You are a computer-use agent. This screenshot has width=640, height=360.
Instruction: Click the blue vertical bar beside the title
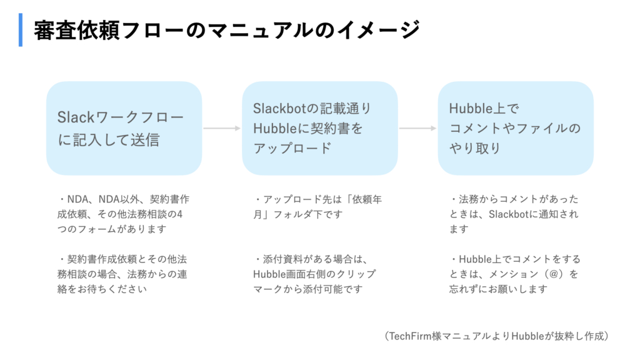pos(21,30)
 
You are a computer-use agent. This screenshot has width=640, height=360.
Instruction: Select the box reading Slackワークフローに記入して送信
pos(124,128)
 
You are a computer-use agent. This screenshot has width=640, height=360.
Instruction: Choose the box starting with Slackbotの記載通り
pos(320,128)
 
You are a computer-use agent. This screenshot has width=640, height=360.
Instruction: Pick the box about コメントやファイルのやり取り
pos(516,128)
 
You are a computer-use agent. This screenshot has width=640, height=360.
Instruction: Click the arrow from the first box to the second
pos(222,128)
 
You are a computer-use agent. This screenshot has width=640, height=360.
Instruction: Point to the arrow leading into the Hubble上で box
pos(418,128)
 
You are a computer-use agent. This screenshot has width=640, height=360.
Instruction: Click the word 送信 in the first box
pos(145,140)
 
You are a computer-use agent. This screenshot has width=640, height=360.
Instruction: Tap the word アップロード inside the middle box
pos(292,148)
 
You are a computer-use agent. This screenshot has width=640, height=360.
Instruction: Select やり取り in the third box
pos(475,148)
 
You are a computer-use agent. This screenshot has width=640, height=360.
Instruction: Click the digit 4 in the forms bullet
pos(179,214)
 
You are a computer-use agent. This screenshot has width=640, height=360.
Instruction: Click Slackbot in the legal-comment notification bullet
pos(509,214)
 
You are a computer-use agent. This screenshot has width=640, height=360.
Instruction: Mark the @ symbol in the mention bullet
pos(554,274)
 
